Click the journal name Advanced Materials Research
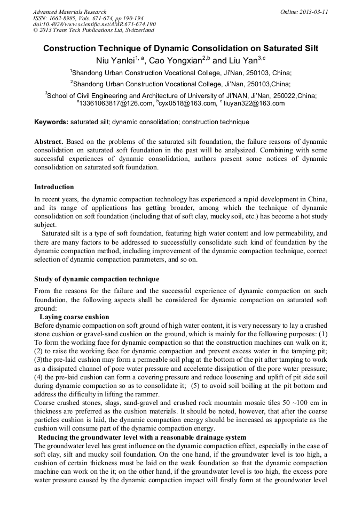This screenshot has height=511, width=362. pos(69,12)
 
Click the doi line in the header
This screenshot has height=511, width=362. pos(94,24)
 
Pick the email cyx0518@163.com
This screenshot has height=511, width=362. pos(186,103)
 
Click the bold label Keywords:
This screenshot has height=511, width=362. pos(51,122)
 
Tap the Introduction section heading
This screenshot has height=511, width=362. pos(54,187)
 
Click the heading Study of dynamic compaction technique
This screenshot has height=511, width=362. pos(96,279)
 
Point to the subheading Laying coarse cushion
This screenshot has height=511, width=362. pos(74,317)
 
